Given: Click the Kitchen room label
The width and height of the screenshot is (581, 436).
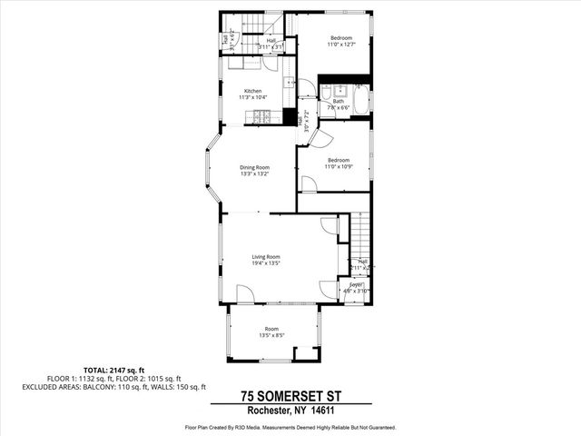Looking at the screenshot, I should point(252,91).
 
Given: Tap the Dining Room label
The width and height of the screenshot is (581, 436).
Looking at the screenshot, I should point(254,167).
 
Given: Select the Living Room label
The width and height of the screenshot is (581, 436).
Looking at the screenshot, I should point(266,257).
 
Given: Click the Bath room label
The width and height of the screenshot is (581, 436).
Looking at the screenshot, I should point(338,102).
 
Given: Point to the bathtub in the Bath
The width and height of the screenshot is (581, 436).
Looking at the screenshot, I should point(360,99).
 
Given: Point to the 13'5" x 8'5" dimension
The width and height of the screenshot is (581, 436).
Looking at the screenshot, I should point(271,335).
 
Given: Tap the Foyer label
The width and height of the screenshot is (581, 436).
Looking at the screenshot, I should point(356,284).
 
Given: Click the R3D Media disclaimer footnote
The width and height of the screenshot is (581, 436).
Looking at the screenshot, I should point(290,425).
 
